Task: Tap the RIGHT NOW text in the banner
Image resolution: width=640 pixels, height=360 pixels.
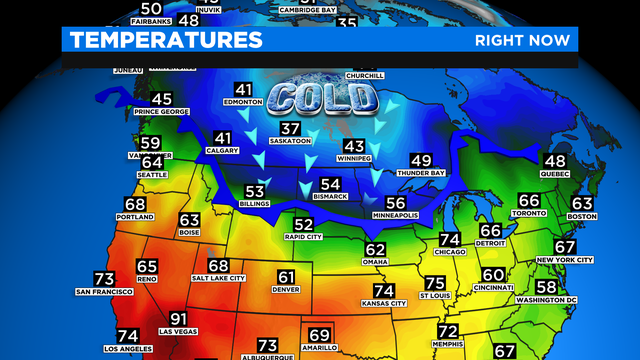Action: [x=521, y=40]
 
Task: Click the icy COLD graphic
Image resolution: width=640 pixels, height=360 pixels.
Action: [x=323, y=99]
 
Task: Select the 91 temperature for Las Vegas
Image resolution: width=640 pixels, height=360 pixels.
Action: [x=179, y=319]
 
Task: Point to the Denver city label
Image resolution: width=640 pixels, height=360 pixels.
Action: [x=286, y=290]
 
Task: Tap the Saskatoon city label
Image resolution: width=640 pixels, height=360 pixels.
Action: [x=291, y=141]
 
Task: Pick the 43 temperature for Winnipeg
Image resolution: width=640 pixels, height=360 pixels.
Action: [x=354, y=146]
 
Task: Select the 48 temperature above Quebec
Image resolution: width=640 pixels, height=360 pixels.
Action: [x=554, y=161]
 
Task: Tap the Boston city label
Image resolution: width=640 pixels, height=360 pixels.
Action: [x=581, y=217]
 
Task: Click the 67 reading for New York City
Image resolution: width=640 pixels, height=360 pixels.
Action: [x=565, y=247]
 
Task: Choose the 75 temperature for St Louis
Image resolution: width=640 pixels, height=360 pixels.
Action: [x=434, y=283]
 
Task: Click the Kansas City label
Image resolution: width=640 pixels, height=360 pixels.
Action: [x=383, y=303]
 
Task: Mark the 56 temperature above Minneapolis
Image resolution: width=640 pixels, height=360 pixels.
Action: [x=395, y=203]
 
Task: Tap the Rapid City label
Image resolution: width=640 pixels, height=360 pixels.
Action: [x=304, y=237]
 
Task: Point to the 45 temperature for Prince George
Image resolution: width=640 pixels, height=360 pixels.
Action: [x=161, y=99]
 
